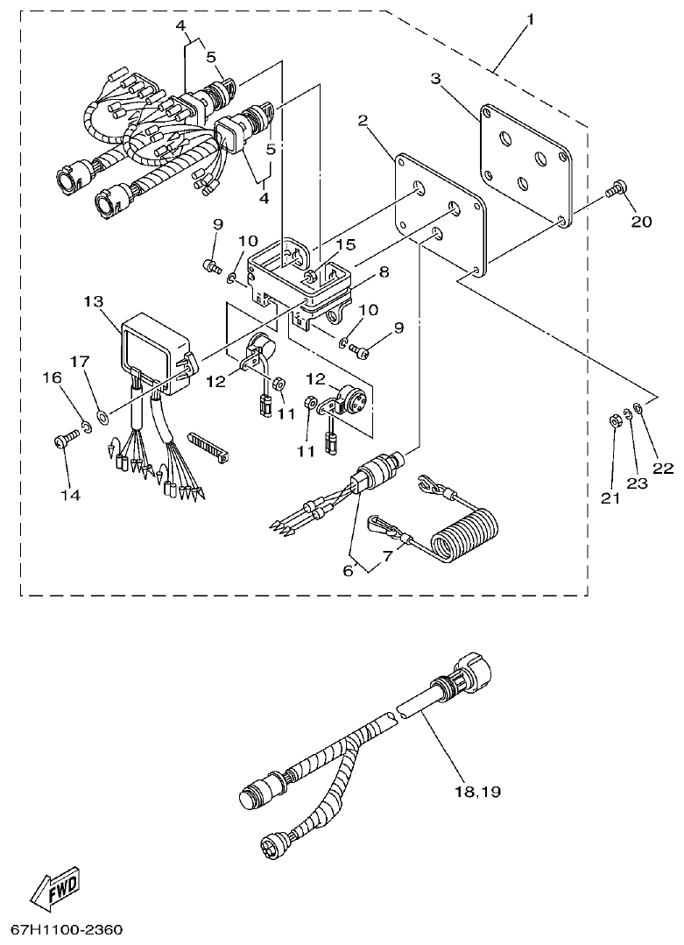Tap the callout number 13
(94, 301)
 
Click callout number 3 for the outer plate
(435, 78)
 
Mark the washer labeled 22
(639, 408)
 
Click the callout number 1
(528, 18)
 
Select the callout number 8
(382, 272)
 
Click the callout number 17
(80, 361)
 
